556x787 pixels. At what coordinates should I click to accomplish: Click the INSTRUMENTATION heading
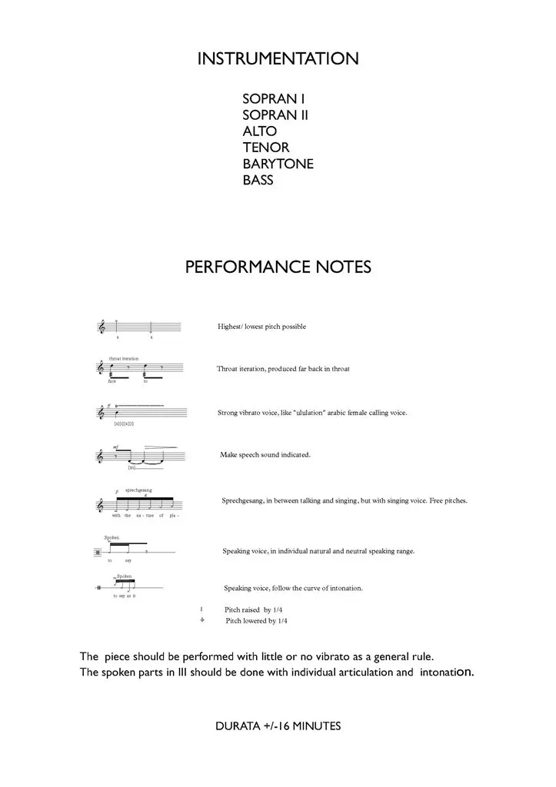[278, 59]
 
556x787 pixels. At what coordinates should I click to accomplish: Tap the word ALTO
[260, 131]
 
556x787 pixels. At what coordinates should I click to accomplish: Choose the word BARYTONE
[278, 164]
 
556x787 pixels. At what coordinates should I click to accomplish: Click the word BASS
[258, 181]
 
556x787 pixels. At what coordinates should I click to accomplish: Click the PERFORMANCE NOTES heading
[278, 267]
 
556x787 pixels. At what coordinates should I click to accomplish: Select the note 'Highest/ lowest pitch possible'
[261, 327]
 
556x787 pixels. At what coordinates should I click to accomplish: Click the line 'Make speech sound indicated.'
[265, 455]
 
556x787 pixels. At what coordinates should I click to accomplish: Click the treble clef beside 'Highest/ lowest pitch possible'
[102, 327]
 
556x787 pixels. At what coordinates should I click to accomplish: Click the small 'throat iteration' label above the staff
[124, 359]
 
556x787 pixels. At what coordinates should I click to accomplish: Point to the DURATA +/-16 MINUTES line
[278, 726]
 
